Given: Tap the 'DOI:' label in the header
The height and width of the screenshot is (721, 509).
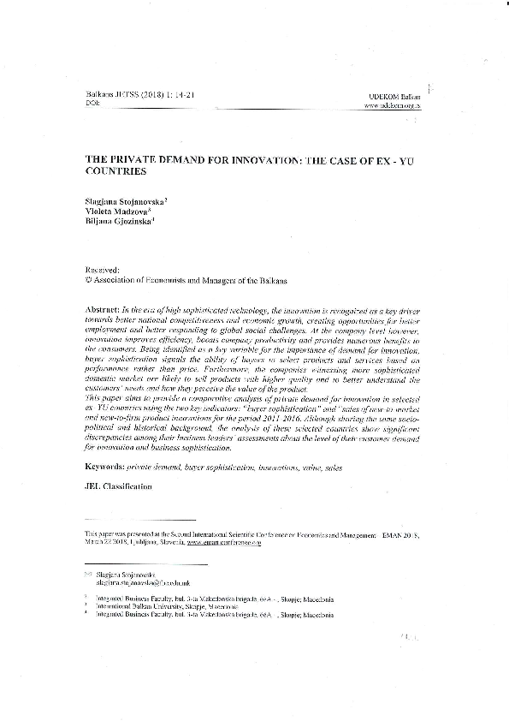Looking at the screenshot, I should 93,104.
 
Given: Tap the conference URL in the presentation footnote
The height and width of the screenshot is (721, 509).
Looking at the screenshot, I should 221,542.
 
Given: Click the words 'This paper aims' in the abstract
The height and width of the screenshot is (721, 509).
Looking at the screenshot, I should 114,400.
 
